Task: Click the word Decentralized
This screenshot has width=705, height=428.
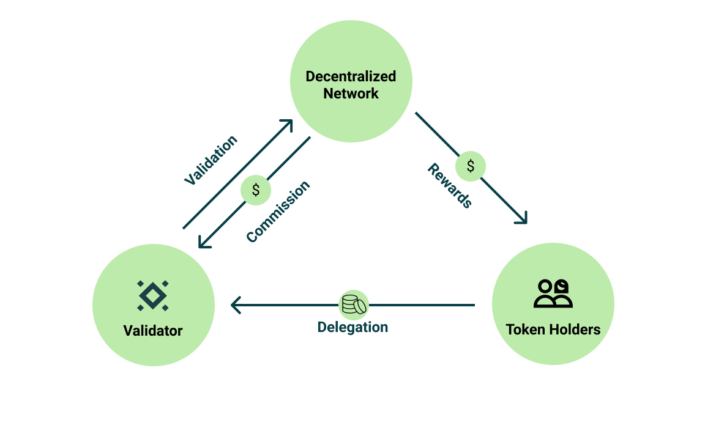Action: tap(351, 77)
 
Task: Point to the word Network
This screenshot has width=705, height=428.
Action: tap(351, 94)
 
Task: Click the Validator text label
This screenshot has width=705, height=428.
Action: tap(153, 331)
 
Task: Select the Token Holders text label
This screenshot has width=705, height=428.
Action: tap(553, 330)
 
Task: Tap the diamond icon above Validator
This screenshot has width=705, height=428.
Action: tap(153, 295)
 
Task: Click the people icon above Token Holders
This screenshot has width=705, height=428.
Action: tap(553, 293)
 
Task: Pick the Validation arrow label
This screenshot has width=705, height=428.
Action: tap(211, 160)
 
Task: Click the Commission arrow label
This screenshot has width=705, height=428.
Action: tap(278, 212)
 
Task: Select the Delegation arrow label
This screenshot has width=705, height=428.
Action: tap(352, 327)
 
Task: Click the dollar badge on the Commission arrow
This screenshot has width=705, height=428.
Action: tap(256, 190)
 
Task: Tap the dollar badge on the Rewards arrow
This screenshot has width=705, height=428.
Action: tap(470, 166)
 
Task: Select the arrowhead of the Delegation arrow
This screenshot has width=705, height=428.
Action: tap(235, 304)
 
